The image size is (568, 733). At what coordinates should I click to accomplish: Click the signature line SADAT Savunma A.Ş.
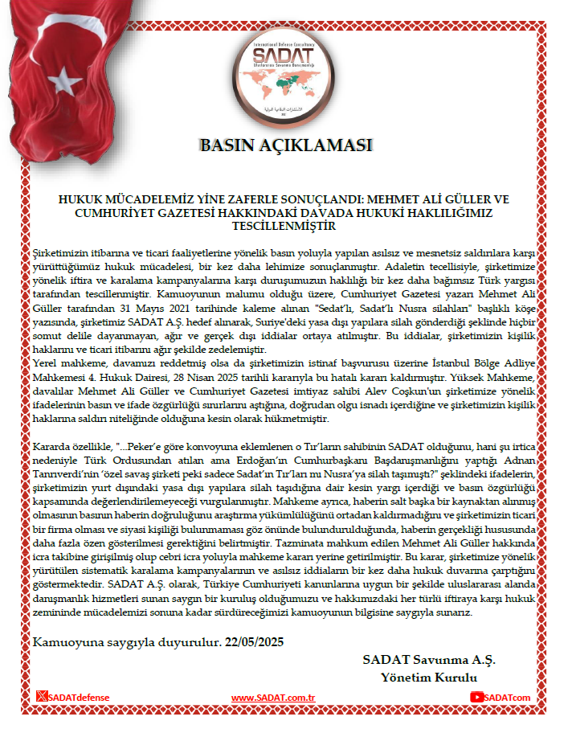click(x=428, y=659)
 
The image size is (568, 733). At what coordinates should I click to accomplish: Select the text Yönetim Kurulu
click(x=429, y=677)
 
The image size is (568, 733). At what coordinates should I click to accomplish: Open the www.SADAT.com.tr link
click(x=272, y=698)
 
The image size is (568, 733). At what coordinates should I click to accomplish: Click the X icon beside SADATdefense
click(x=42, y=697)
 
